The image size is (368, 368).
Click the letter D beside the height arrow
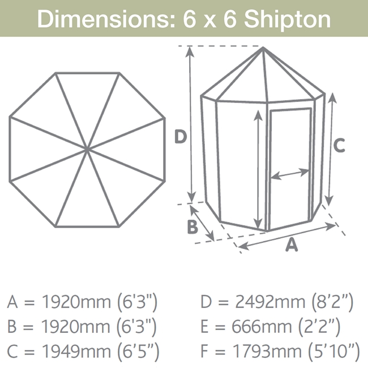pyautogui.click(x=181, y=136)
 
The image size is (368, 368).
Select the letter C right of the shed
pyautogui.click(x=339, y=146)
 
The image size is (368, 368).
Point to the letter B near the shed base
pyautogui.click(x=192, y=227)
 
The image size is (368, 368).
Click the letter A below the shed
pyautogui.click(x=292, y=245)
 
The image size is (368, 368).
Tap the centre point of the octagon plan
pyautogui.click(x=87, y=149)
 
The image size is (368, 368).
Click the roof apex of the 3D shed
pyautogui.click(x=263, y=48)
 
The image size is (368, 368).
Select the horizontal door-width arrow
pyautogui.click(x=290, y=174)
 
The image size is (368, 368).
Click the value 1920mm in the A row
pyautogui.click(x=76, y=302)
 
